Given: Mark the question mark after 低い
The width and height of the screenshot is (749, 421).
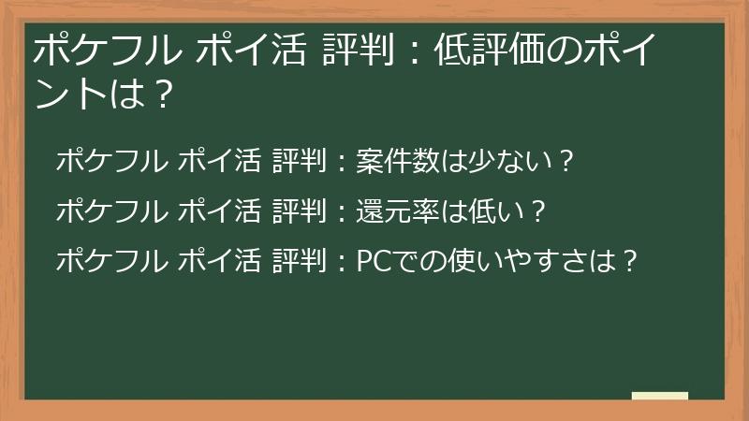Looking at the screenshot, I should coord(537,211).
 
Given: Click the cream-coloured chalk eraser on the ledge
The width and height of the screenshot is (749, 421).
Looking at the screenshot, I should coord(660,396).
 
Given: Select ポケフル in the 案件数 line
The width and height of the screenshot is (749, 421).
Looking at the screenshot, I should coord(110,162).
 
